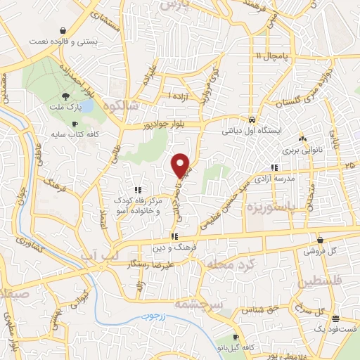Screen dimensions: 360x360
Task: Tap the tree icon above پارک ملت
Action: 65,96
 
